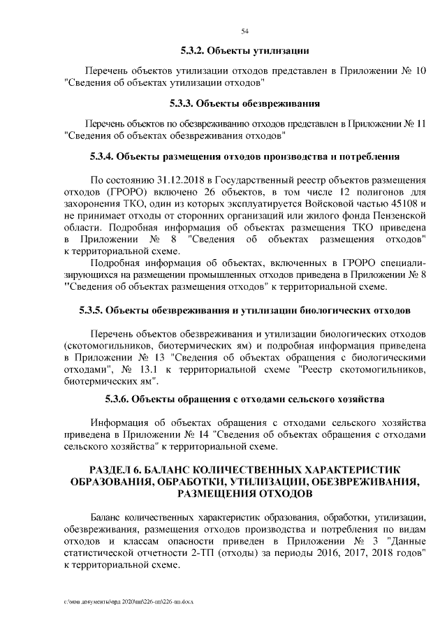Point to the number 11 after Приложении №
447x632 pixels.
tap(420, 124)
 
